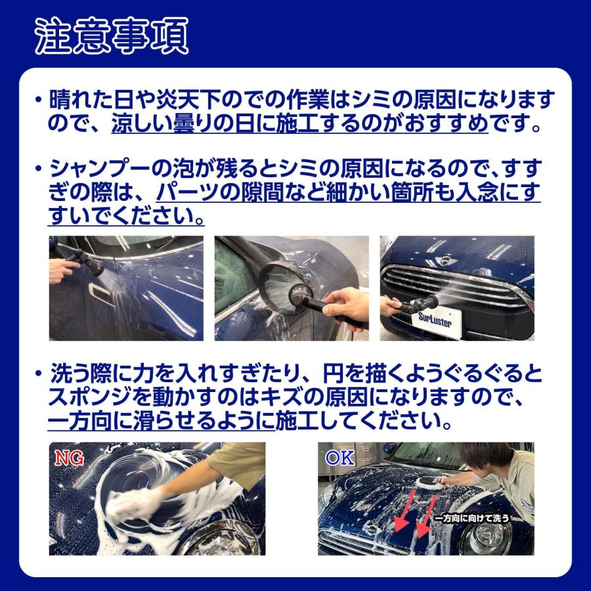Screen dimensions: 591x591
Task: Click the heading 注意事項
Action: click(111, 34)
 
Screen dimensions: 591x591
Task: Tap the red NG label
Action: click(68, 458)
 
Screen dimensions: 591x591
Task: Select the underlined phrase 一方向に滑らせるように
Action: click(162, 421)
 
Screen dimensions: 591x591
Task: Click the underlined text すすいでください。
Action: click(125, 215)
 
